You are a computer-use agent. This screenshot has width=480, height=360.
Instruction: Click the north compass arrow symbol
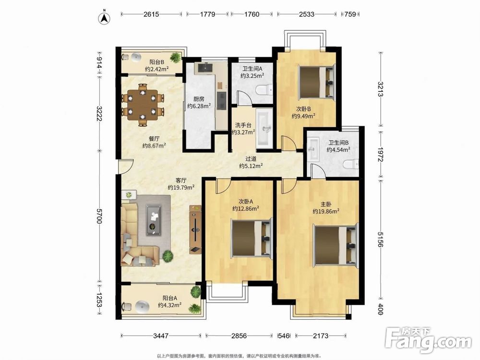point(104,17)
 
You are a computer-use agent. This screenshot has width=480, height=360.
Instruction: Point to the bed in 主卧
point(336,245)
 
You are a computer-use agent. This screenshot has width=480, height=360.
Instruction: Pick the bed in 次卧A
point(252,238)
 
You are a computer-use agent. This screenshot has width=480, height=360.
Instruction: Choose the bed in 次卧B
point(316,82)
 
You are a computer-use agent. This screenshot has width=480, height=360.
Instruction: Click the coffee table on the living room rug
point(154,220)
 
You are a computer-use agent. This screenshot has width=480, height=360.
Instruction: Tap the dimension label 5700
point(99,216)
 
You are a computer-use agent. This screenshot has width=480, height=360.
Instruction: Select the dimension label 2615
point(151,14)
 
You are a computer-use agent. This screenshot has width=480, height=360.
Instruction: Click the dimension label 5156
point(380,239)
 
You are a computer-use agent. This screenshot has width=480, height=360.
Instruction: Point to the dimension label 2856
point(239,336)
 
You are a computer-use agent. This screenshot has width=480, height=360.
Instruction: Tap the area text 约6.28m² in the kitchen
point(199,106)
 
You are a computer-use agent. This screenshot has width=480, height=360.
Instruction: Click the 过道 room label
point(251,159)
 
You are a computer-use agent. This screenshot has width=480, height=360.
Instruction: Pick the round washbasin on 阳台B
point(136,57)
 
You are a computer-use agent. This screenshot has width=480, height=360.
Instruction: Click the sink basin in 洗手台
point(264,128)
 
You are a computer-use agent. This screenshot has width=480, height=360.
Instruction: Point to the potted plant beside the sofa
point(168,256)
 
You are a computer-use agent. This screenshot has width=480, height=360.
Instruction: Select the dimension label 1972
point(380,155)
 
